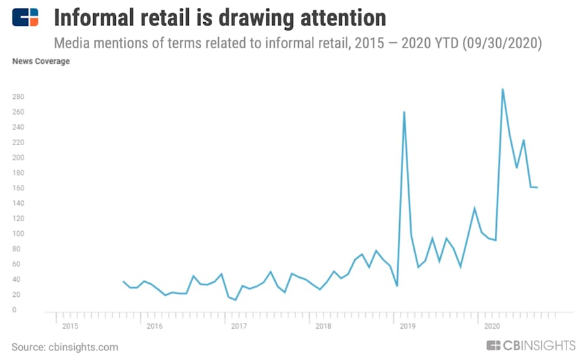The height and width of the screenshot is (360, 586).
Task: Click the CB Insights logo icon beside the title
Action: click(x=25, y=17)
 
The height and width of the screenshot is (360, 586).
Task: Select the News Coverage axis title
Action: click(x=41, y=62)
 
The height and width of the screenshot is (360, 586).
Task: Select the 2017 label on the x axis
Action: click(x=238, y=325)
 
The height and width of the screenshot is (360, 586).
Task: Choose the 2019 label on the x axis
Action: click(x=408, y=325)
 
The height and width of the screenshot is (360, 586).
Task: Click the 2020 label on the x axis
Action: click(x=492, y=325)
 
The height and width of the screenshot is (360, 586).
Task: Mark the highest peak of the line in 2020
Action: click(x=503, y=89)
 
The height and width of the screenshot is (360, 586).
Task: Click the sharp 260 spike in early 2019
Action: click(x=404, y=112)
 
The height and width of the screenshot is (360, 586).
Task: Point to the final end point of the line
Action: click(x=537, y=187)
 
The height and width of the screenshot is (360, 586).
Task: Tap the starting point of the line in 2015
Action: click(x=123, y=281)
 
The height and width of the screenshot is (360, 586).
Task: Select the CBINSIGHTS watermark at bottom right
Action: click(x=531, y=345)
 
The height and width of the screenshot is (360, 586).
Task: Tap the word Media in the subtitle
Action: click(x=69, y=44)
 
